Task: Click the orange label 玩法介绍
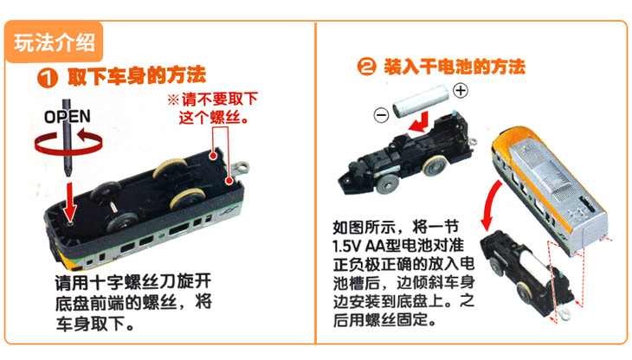[54, 42]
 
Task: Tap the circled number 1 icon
[48, 77]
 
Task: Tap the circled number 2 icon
[366, 67]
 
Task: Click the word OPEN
[68, 117]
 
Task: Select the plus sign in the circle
[461, 90]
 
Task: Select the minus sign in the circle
[381, 115]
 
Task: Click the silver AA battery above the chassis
[421, 100]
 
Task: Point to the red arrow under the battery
[419, 123]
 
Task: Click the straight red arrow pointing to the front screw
[70, 201]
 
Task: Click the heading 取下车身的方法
[136, 75]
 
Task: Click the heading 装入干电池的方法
[455, 67]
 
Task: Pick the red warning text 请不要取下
[219, 99]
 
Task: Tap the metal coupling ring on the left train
[242, 167]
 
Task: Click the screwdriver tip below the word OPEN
[68, 171]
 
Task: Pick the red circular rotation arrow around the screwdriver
[68, 142]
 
